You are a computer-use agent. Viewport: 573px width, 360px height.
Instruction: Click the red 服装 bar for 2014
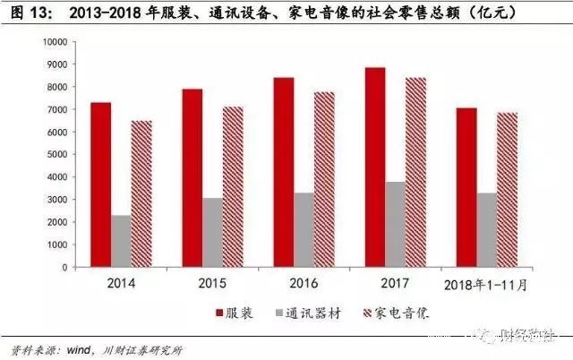(101, 184)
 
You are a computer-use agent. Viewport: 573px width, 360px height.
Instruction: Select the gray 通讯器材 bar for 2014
(122, 241)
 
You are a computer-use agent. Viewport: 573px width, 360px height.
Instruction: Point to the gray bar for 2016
(304, 230)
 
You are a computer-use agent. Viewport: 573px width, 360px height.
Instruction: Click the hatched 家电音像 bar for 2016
(324, 179)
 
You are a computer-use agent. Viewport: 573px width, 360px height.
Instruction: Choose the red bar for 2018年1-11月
(466, 187)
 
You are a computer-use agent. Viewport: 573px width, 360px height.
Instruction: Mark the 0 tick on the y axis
(65, 267)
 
